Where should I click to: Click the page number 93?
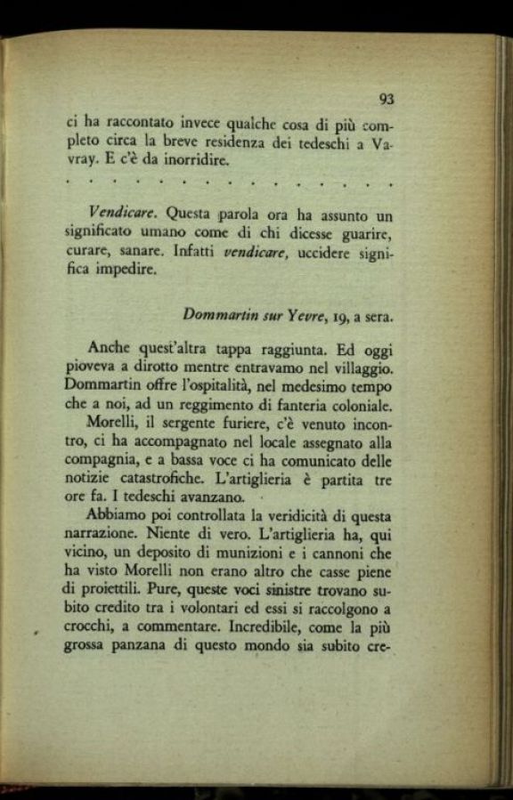[x=386, y=99]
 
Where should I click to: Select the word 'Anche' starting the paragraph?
[x=108, y=349]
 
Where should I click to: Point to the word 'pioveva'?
[x=91, y=368]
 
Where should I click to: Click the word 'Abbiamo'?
[x=117, y=516]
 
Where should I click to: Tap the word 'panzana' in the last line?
[x=147, y=645]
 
